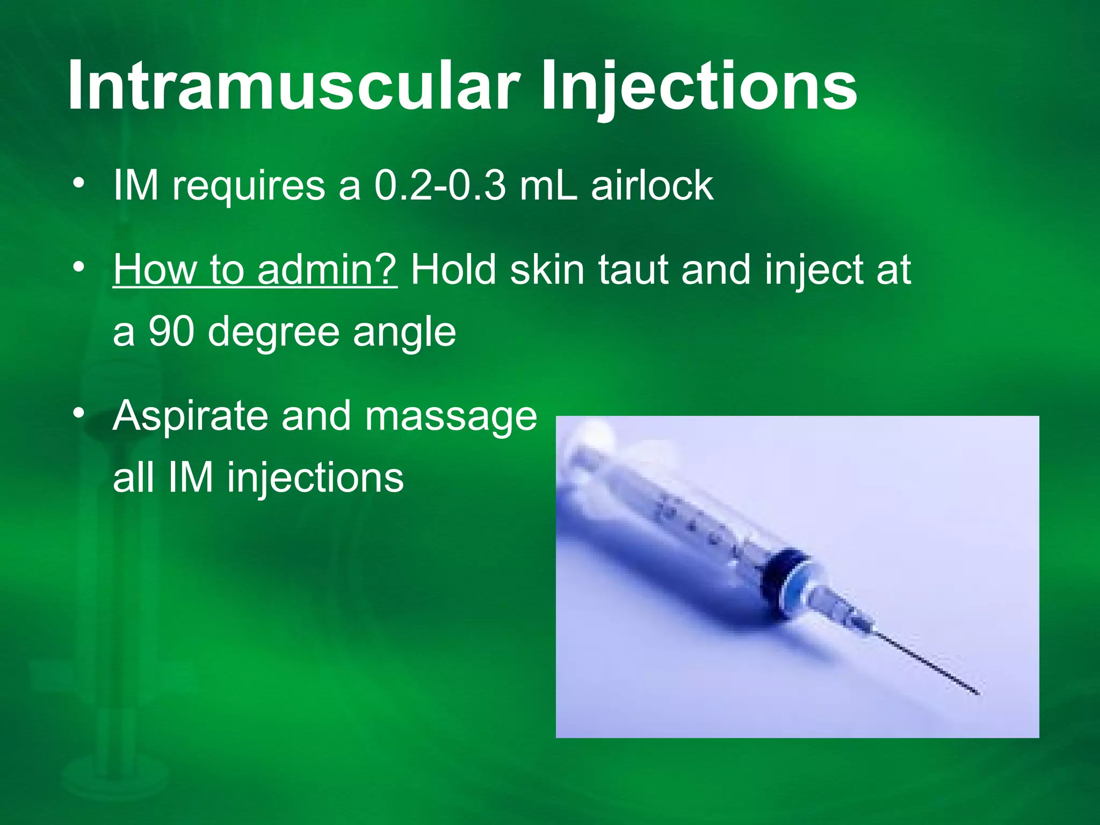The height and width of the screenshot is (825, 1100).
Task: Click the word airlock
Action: (652, 186)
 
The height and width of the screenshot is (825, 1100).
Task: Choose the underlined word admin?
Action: (327, 270)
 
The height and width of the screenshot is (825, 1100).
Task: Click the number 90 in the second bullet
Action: (171, 331)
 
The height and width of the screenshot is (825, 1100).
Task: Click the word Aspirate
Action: (190, 417)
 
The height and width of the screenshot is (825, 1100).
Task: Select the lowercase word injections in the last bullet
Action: (315, 478)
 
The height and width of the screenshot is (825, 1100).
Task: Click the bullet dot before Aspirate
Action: (79, 413)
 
